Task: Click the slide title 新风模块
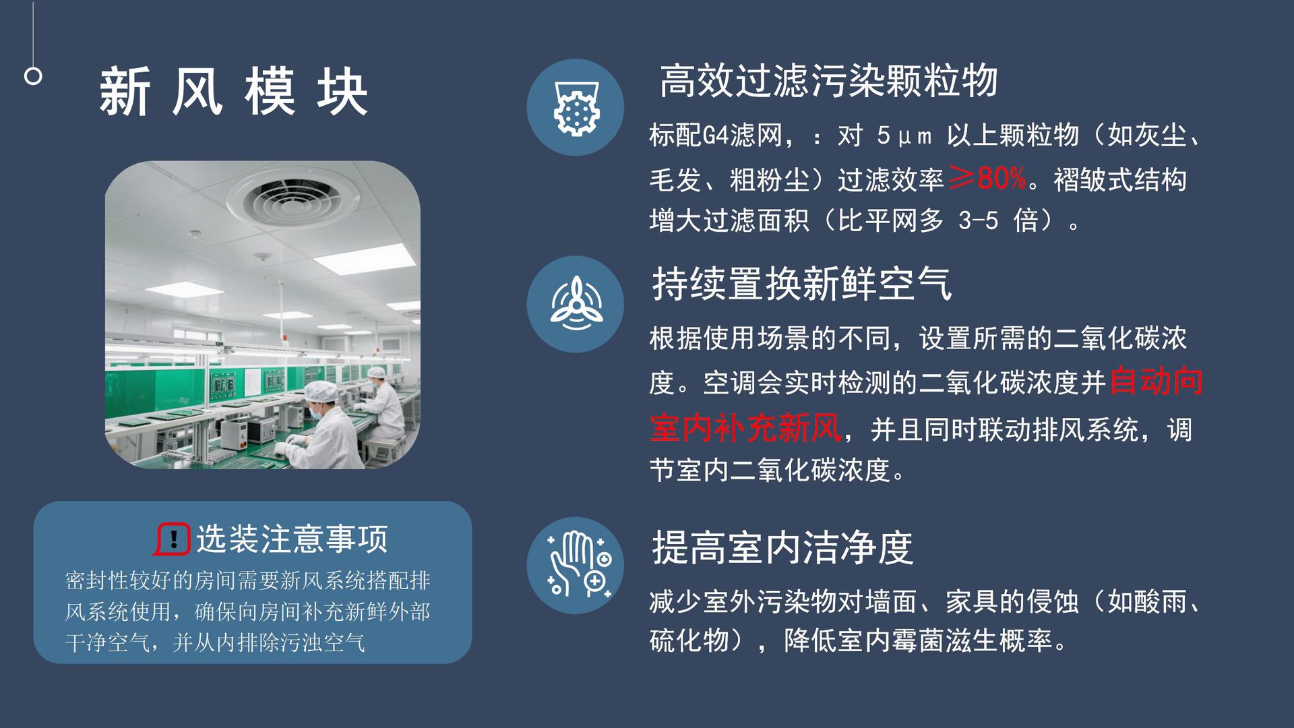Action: [x=233, y=92]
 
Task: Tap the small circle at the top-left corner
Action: [x=33, y=76]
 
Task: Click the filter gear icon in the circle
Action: [x=575, y=108]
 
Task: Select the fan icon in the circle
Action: [x=575, y=304]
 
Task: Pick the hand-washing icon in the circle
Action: [x=575, y=565]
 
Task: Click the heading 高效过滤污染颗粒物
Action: [x=828, y=81]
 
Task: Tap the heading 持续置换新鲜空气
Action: [x=802, y=284]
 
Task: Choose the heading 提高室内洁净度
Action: [x=782, y=547]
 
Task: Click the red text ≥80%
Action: [x=987, y=179]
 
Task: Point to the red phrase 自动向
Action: [x=1156, y=382]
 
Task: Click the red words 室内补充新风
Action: [x=745, y=427]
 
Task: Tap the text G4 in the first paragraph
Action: [x=716, y=136]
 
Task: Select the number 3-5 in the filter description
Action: [x=978, y=220]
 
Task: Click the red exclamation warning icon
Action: [x=173, y=539]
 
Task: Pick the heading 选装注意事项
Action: [x=292, y=539]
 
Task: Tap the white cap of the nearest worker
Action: [x=321, y=391]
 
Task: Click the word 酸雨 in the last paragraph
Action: [x=1161, y=601]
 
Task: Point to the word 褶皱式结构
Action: [x=1119, y=180]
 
